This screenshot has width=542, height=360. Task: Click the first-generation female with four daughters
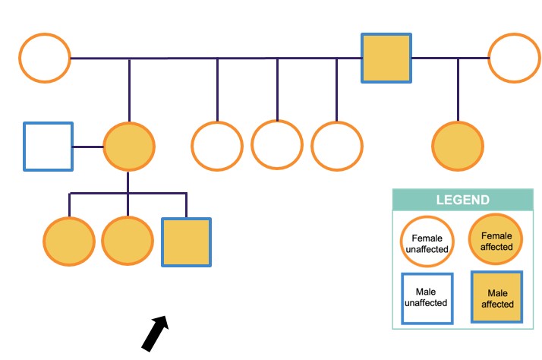(x=45, y=58)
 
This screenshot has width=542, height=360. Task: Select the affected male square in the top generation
(x=386, y=58)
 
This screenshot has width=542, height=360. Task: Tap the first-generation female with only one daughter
(x=514, y=58)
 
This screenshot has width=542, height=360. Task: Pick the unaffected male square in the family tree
(x=48, y=147)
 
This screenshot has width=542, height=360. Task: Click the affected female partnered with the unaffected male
(x=129, y=147)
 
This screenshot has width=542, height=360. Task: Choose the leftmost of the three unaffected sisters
(x=216, y=147)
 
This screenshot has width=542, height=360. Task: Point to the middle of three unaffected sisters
(x=276, y=144)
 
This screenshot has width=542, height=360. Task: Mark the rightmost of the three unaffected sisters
(x=336, y=145)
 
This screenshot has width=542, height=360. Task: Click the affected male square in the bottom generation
(x=186, y=242)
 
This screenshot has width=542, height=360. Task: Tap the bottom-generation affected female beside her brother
(x=128, y=242)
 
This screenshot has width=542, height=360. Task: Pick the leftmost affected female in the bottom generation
(x=69, y=242)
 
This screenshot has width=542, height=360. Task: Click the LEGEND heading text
(x=462, y=201)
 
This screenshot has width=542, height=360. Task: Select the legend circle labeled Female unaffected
(x=427, y=242)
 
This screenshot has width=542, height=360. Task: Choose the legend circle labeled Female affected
(x=496, y=241)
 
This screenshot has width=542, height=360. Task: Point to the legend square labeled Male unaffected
(x=427, y=297)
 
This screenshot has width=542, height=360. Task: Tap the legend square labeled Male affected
(x=496, y=297)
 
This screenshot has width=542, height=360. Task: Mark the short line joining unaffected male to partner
(x=88, y=147)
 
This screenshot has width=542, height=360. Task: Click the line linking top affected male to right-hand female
(x=449, y=58)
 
